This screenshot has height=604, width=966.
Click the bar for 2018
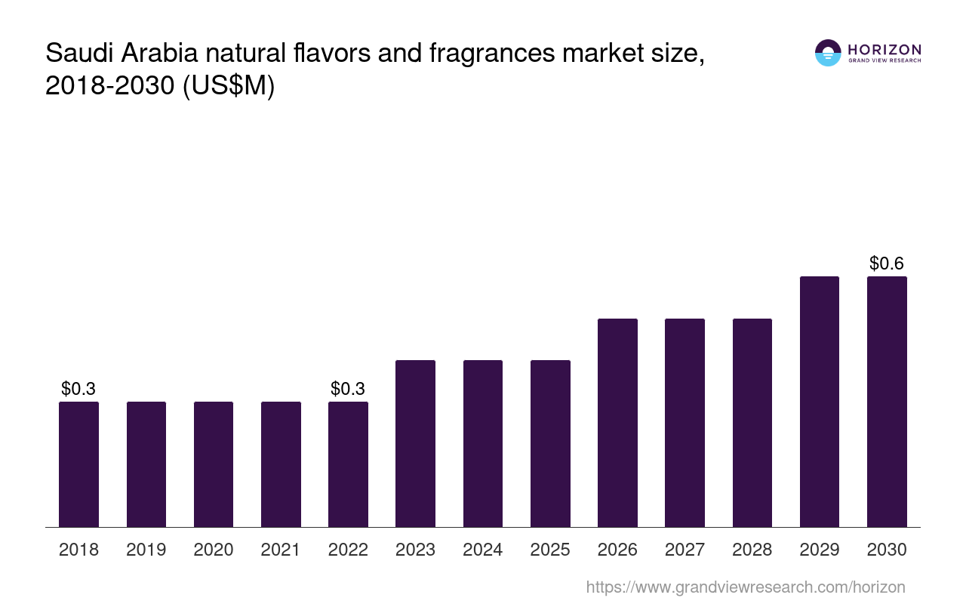[x=78, y=464]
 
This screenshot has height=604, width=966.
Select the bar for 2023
[x=415, y=443]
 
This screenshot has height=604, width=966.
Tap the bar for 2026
[x=617, y=423]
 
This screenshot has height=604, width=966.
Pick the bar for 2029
[x=819, y=402]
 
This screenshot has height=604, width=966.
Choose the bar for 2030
[x=887, y=402]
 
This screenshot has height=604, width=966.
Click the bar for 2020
[x=214, y=464]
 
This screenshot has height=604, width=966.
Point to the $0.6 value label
[x=887, y=263]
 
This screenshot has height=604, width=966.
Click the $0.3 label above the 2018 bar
[x=78, y=389]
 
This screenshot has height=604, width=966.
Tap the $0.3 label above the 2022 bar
[x=348, y=389]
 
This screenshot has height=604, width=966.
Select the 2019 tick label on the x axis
[x=146, y=550]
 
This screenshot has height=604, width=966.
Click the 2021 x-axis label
[x=281, y=550]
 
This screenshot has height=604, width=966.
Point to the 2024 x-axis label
[x=483, y=550]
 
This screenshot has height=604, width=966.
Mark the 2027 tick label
[x=685, y=550]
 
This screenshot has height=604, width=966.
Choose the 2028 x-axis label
[x=752, y=550]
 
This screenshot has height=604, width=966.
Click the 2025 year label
[x=550, y=550]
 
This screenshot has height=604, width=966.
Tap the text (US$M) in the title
[x=229, y=86]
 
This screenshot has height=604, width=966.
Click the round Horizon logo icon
[x=828, y=53]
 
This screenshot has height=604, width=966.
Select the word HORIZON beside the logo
[x=884, y=49]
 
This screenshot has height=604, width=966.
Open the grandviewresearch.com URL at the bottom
[x=745, y=587]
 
